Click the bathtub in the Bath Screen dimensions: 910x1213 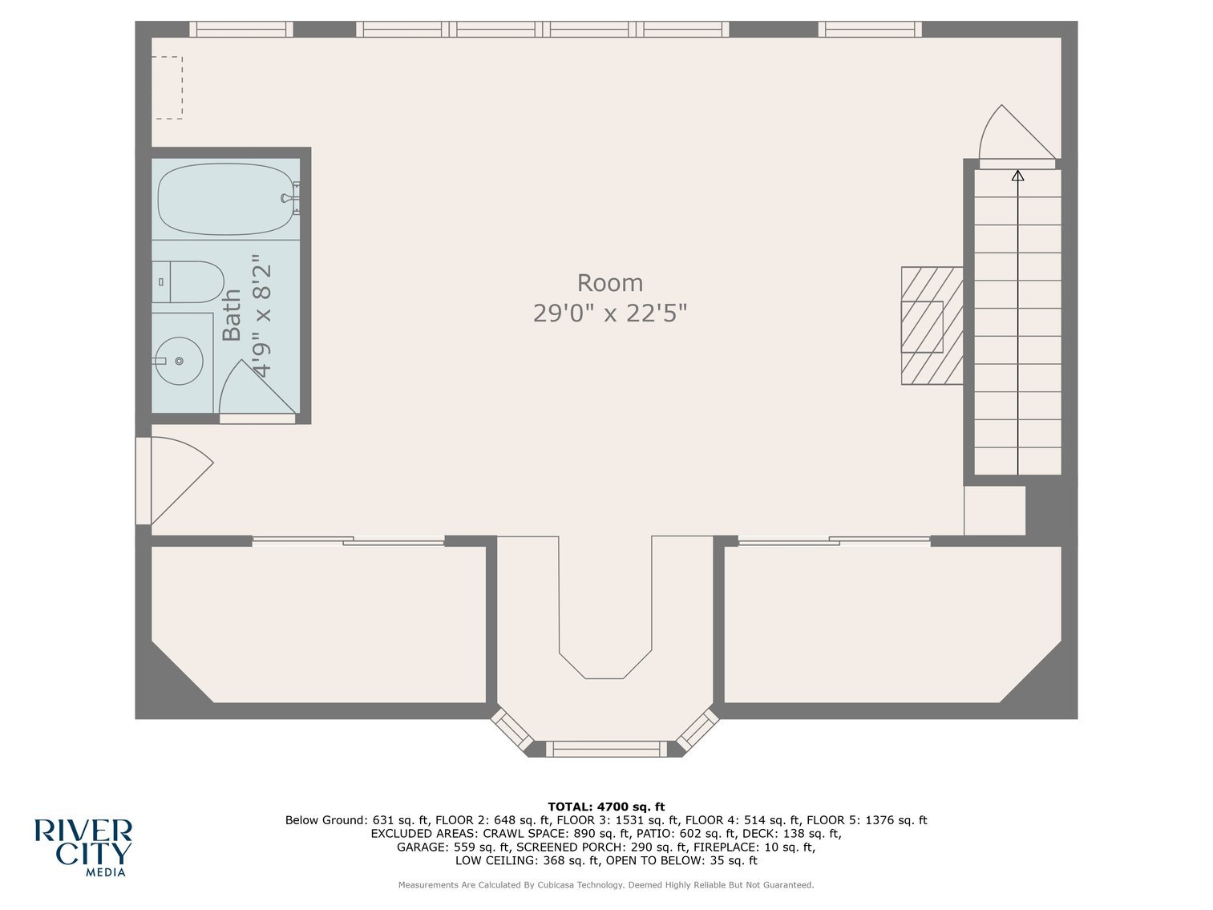click(224, 199)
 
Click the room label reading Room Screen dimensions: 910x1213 click(609, 283)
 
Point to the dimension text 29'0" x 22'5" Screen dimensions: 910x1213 click(609, 313)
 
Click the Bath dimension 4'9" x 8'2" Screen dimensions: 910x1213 click(262, 316)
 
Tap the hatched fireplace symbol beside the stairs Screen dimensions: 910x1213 click(931, 326)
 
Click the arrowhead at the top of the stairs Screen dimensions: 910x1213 click(1017, 175)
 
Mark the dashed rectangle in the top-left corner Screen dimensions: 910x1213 click(168, 87)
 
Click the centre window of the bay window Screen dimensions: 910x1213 click(606, 749)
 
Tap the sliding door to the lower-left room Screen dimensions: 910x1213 click(348, 542)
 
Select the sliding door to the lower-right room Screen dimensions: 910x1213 click(834, 542)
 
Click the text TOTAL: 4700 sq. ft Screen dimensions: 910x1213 click(606, 807)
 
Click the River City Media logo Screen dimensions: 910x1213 click(83, 847)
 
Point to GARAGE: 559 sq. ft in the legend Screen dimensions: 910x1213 click(453, 847)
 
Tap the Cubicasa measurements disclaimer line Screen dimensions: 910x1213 click(606, 885)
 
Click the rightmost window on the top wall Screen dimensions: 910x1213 click(870, 30)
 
